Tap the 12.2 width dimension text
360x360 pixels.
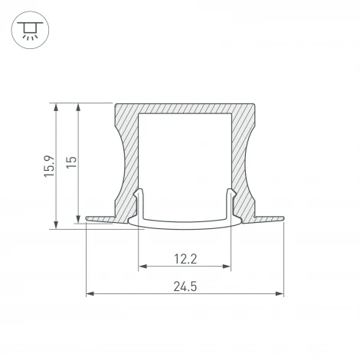pos(185,260)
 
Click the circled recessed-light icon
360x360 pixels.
pos(28,30)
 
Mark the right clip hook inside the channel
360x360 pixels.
pos(228,201)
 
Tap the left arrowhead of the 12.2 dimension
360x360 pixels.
pos(142,267)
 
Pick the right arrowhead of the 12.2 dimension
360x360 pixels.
pos(227,267)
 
